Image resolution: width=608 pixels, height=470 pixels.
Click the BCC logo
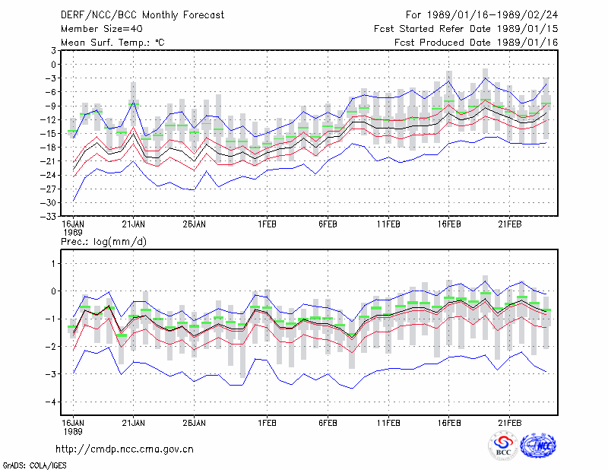point(503,446)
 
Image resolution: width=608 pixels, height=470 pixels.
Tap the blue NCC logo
point(538,446)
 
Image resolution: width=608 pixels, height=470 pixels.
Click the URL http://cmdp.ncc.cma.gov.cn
point(125,449)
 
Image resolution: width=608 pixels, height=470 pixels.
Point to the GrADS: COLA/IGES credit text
point(34,465)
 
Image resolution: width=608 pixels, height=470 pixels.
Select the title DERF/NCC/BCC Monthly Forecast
point(142,15)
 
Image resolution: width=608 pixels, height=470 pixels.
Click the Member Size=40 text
point(102,29)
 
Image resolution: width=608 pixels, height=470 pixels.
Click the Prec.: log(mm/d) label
point(103,242)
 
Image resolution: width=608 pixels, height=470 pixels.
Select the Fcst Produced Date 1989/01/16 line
point(477,43)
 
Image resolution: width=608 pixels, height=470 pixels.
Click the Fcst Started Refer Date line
point(466,29)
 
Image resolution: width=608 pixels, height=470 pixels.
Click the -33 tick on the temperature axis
point(48,217)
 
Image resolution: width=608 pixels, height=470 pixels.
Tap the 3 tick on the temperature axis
point(53,50)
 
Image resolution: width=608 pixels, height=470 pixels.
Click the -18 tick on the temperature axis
point(48,148)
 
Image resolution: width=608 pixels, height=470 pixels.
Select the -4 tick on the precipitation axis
point(50,402)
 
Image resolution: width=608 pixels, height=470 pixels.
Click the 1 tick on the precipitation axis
point(53,264)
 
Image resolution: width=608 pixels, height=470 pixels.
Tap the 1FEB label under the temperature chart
point(268,224)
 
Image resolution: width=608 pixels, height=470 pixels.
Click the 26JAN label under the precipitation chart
point(195,423)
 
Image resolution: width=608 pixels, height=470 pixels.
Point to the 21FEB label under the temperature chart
point(510,224)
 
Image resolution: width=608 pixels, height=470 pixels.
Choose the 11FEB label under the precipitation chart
point(388,423)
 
